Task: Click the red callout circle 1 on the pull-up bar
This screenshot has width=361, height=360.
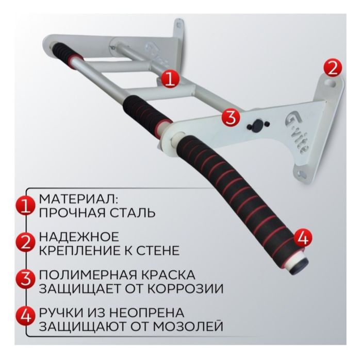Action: [x=171, y=79]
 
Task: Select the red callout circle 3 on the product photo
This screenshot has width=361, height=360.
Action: [x=231, y=116]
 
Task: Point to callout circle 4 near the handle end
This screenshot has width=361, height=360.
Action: [x=302, y=237]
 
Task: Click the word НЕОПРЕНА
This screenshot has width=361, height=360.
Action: [x=140, y=313]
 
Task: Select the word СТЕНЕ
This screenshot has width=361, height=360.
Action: [x=158, y=251]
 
